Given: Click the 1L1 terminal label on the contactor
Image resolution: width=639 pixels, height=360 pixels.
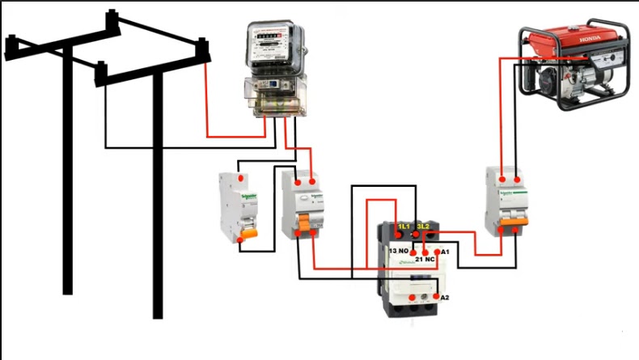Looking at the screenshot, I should click(x=403, y=225).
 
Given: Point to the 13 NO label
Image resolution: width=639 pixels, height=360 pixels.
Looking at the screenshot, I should click(x=398, y=252).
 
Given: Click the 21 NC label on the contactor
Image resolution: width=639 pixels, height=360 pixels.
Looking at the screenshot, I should click(x=425, y=260).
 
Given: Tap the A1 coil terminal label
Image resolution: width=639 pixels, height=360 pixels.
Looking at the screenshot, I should click(x=444, y=252).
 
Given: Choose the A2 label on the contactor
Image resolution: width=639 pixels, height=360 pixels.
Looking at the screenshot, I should click(x=444, y=298).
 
